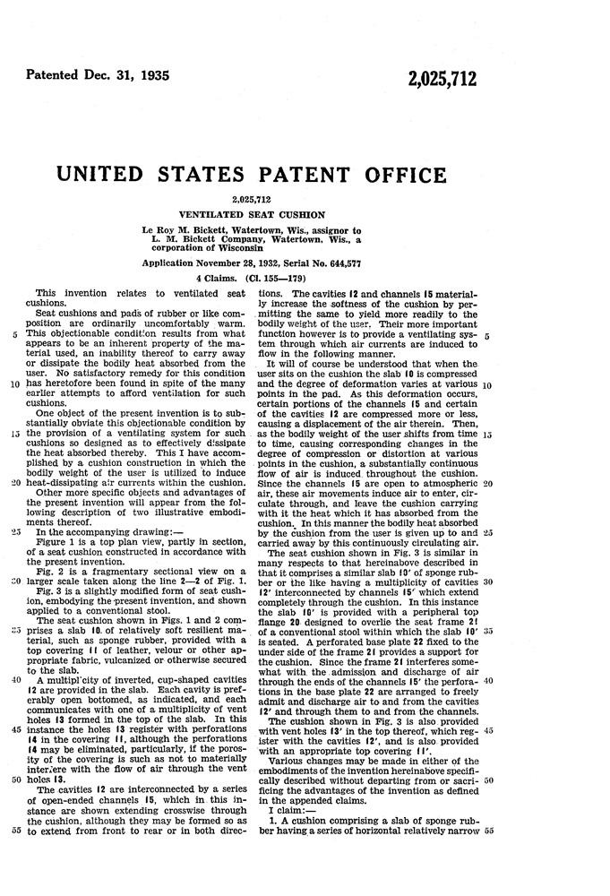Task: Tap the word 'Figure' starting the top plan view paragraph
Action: pos(52,537)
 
